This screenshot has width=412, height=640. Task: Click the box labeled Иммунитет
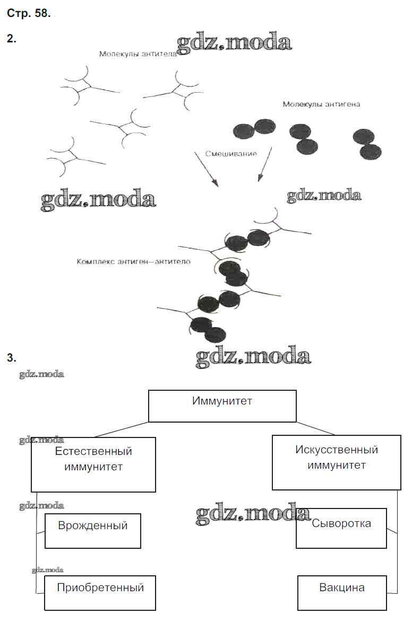(x=222, y=406)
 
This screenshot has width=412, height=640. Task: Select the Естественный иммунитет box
(x=93, y=464)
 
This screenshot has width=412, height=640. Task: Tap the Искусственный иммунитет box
(x=336, y=462)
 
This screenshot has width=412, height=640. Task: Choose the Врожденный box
(x=93, y=530)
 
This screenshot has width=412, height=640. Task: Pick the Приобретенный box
(x=100, y=592)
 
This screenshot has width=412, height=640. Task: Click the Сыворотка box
(x=341, y=528)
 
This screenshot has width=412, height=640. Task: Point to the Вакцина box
(x=341, y=593)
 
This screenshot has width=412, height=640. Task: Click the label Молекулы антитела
(x=138, y=54)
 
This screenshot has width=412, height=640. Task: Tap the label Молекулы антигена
(x=321, y=104)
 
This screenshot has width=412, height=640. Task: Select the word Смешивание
(x=231, y=154)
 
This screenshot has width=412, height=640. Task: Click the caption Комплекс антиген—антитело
(x=133, y=262)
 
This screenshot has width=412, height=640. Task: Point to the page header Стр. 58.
(x=29, y=14)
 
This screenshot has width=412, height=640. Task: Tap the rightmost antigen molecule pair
(x=367, y=144)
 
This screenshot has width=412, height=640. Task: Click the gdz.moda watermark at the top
(x=234, y=43)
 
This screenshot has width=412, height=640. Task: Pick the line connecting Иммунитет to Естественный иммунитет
(x=122, y=429)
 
